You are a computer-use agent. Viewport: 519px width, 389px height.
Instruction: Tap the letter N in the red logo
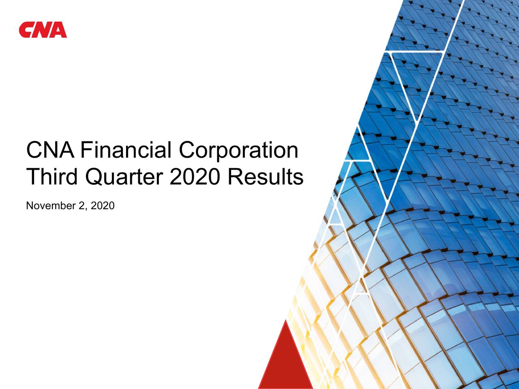pyautogui.click(x=43, y=30)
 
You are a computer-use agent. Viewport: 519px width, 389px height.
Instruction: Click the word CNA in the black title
pyautogui.click(x=50, y=150)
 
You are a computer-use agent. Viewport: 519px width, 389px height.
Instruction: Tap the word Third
pyautogui.click(x=53, y=177)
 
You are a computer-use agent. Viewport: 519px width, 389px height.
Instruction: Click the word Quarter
pyautogui.click(x=124, y=178)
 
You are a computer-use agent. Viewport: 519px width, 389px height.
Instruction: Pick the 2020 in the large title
pyautogui.click(x=195, y=177)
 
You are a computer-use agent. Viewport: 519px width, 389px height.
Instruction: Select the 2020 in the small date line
pyautogui.click(x=103, y=206)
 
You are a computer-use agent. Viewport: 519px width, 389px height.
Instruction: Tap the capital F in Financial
pyautogui.click(x=86, y=150)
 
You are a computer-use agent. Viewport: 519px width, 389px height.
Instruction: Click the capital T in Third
pyautogui.click(x=34, y=177)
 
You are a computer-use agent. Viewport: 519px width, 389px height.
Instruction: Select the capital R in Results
pyautogui.click(x=234, y=177)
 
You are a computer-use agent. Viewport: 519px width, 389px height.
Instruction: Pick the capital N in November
pyautogui.click(x=29, y=206)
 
